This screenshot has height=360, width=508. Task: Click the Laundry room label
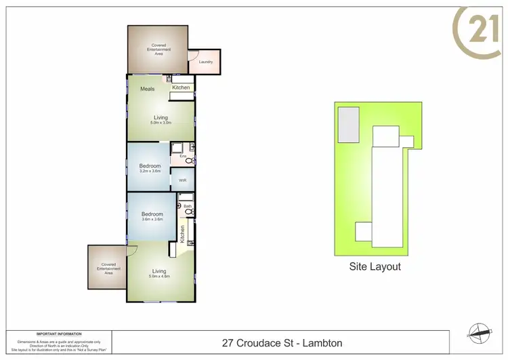tap(206, 62)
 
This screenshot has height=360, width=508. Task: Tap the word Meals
tap(147, 89)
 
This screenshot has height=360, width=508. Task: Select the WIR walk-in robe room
tap(182, 180)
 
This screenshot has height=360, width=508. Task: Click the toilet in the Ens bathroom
tap(189, 161)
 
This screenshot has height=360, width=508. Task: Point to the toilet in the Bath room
tap(189, 212)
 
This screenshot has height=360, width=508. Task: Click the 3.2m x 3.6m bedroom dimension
tap(150, 172)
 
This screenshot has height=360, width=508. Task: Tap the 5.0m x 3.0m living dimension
tap(161, 123)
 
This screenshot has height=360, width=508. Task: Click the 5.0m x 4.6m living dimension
tap(160, 277)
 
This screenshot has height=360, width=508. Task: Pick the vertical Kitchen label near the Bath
tap(182, 234)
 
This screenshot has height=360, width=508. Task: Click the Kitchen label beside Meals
tap(181, 87)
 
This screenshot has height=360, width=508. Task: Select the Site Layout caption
tap(375, 266)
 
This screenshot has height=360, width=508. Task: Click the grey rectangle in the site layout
tap(349, 125)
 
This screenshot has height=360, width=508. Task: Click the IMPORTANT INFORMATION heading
tap(59, 334)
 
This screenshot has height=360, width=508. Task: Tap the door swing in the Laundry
tap(192, 55)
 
